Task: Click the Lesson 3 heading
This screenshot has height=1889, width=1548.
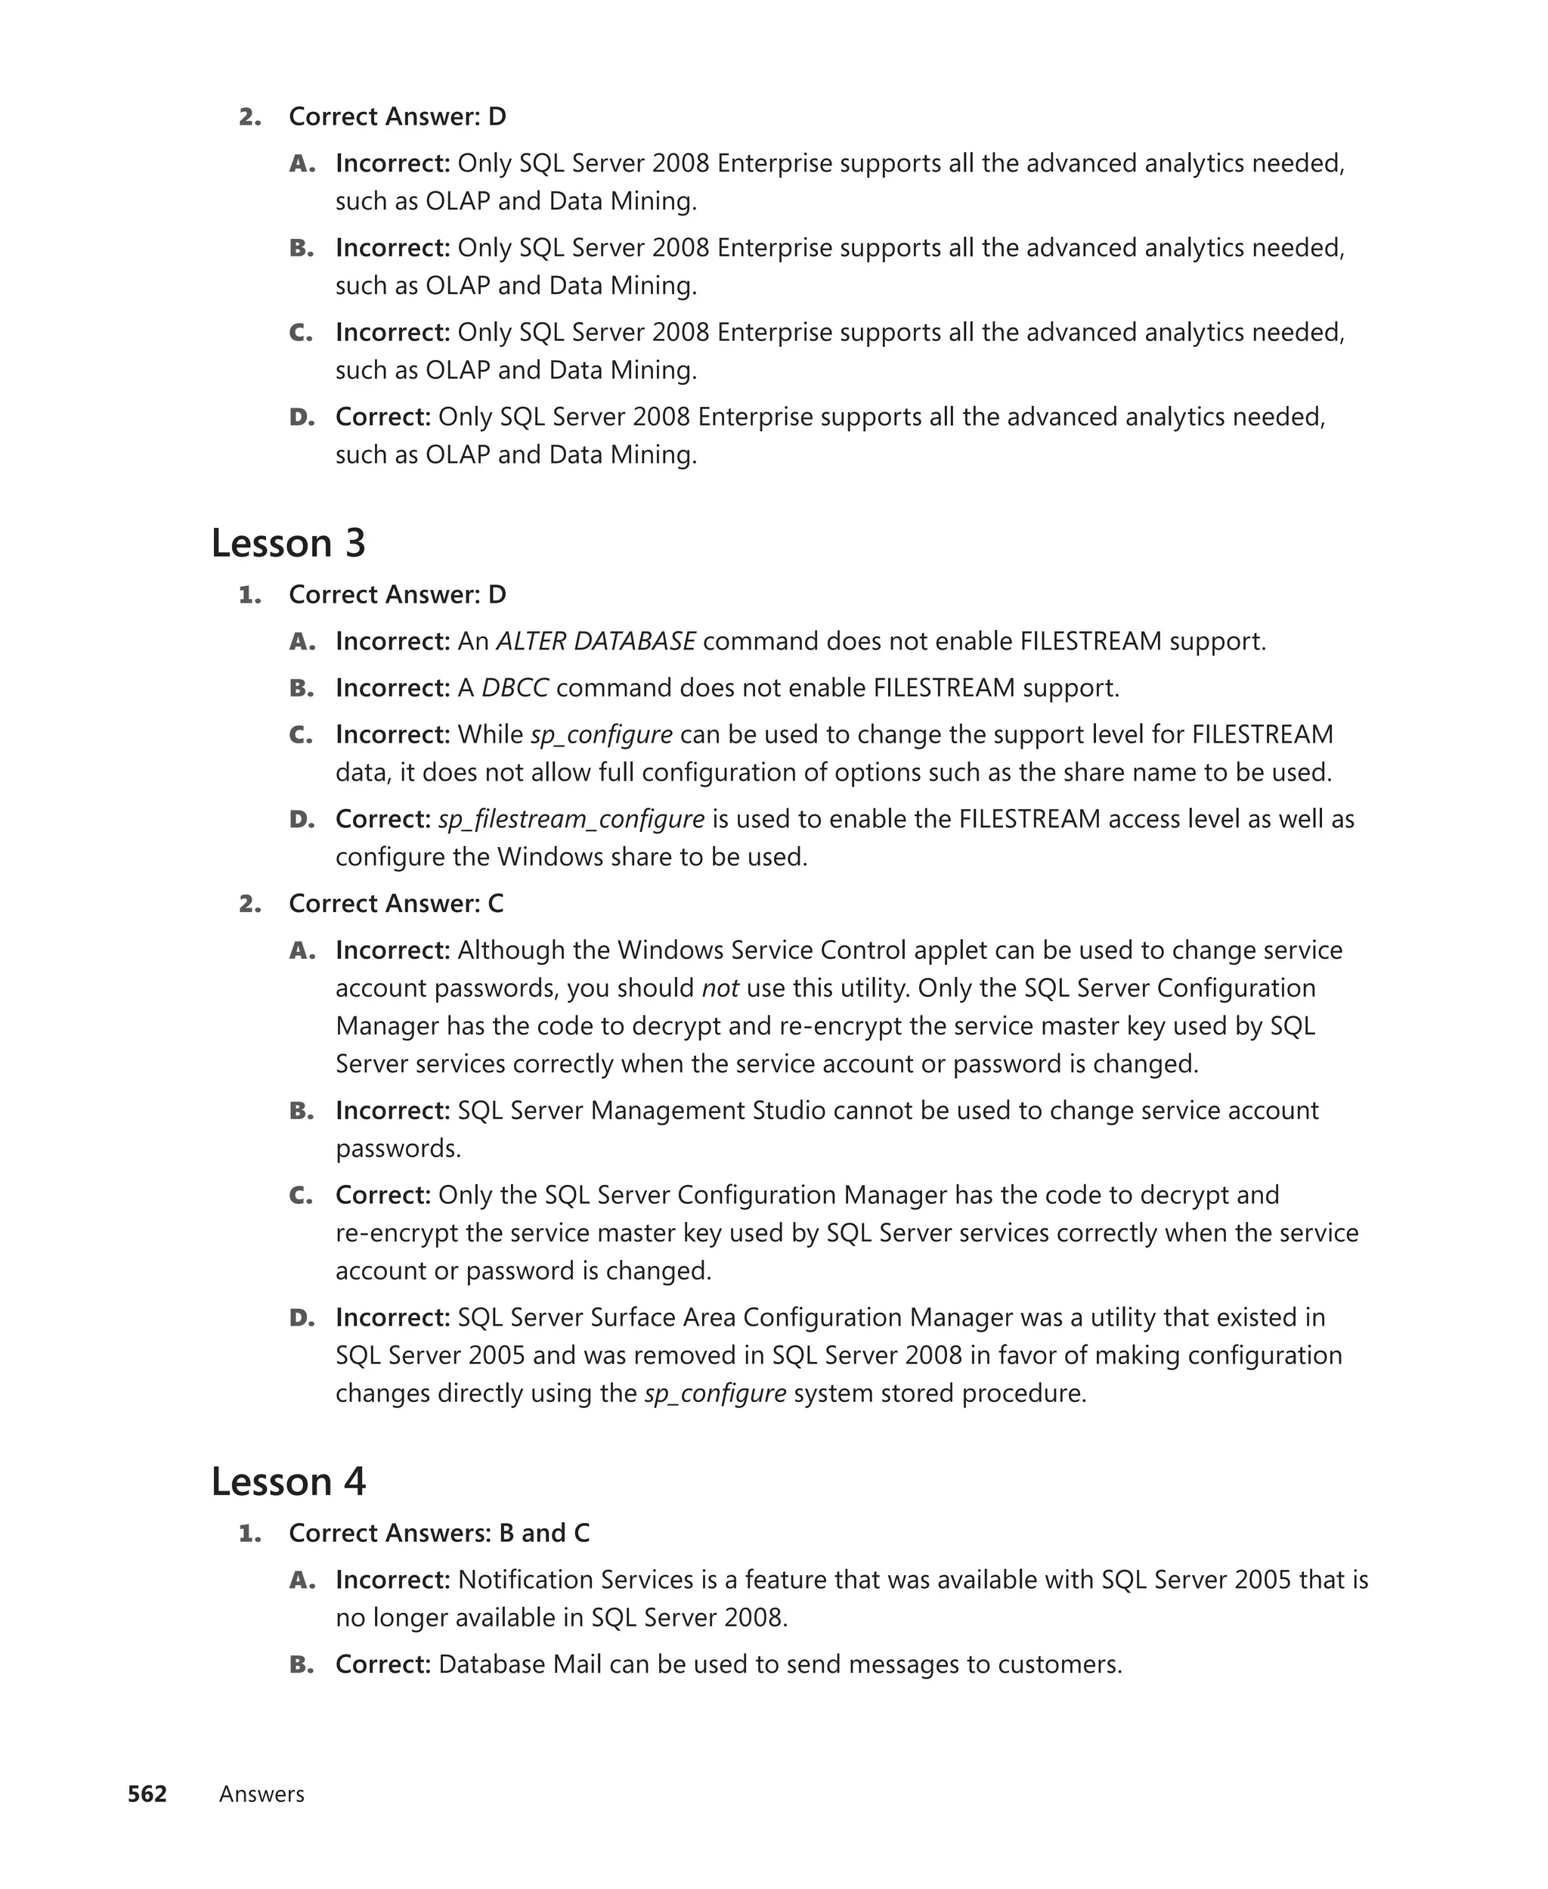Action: click(288, 543)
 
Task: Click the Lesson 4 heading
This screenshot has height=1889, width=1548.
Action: click(288, 1481)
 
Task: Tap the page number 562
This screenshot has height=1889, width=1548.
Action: click(147, 1794)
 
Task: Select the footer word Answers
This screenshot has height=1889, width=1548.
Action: click(262, 1794)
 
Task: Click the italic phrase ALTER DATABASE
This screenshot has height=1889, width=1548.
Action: click(596, 641)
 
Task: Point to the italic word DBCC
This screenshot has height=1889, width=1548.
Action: click(515, 687)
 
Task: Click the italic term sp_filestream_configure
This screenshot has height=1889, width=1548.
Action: click(571, 819)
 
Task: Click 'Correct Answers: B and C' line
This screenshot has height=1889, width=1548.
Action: click(438, 1532)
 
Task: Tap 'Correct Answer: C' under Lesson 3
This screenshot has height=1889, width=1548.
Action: click(396, 904)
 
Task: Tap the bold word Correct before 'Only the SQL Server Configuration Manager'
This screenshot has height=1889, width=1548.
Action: click(382, 1195)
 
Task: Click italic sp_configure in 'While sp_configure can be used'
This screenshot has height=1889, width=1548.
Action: click(601, 735)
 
